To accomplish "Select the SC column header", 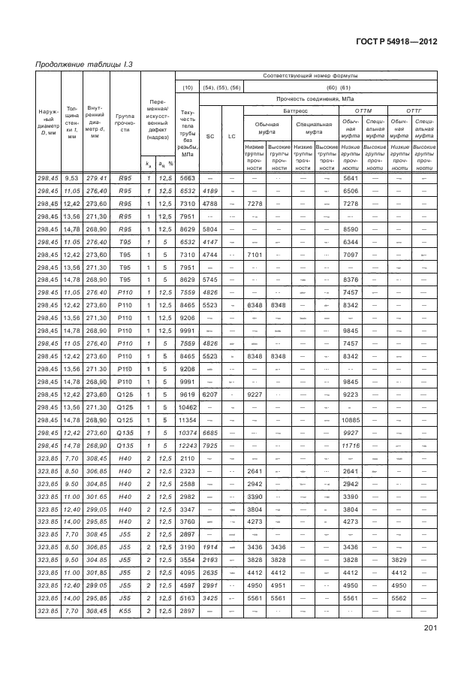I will pos(210,136).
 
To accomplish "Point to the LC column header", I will pos(232,136).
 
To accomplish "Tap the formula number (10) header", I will pos(188,87).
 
